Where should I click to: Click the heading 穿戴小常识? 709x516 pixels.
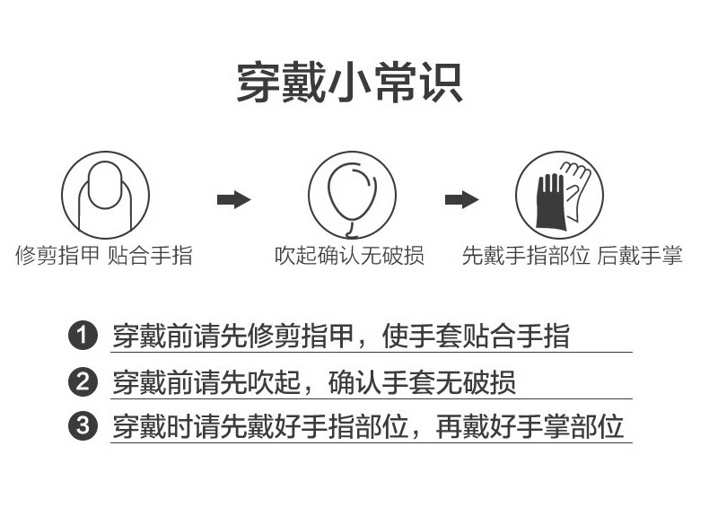tap(349, 83)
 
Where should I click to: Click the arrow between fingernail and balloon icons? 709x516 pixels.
tap(233, 199)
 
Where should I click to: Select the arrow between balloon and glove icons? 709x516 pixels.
tap(461, 199)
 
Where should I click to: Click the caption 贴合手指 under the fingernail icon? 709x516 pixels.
tap(150, 256)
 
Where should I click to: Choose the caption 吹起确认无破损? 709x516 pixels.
tap(349, 256)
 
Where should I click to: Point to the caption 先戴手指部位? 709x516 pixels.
tap(526, 256)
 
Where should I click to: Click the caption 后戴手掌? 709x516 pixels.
tap(640, 256)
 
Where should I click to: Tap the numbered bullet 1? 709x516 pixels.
tap(83, 337)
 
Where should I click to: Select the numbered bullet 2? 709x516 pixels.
tap(83, 382)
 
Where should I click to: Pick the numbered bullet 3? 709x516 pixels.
tap(83, 426)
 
